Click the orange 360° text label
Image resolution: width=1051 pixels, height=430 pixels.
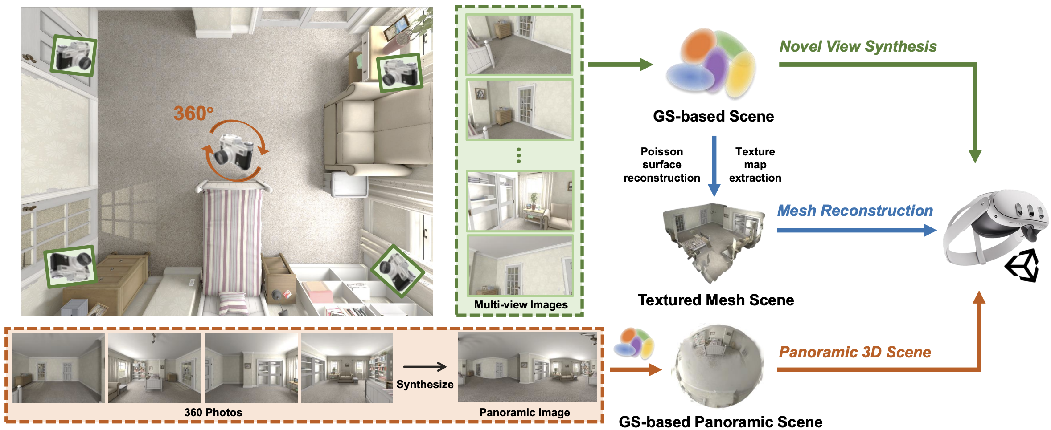point(193,113)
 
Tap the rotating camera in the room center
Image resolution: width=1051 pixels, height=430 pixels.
point(235,151)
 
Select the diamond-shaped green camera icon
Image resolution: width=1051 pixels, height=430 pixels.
point(397,270)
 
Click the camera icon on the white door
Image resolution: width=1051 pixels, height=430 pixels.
point(73,56)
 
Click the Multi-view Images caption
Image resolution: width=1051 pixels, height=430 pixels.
point(521,305)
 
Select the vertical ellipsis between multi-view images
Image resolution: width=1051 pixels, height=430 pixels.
point(518,155)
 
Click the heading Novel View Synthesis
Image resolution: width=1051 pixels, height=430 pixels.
point(858,46)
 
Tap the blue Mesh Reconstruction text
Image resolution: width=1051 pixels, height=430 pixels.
point(855,211)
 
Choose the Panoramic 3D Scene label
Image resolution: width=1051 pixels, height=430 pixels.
point(855,352)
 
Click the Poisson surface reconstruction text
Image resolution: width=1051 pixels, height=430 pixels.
point(661,165)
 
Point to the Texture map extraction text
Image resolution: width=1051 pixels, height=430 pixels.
point(755,165)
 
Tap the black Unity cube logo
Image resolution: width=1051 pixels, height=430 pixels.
point(1022,265)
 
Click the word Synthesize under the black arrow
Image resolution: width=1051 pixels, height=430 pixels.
point(425,385)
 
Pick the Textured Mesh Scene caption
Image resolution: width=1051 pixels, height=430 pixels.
point(716,300)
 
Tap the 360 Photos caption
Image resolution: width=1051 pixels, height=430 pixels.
point(213,413)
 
